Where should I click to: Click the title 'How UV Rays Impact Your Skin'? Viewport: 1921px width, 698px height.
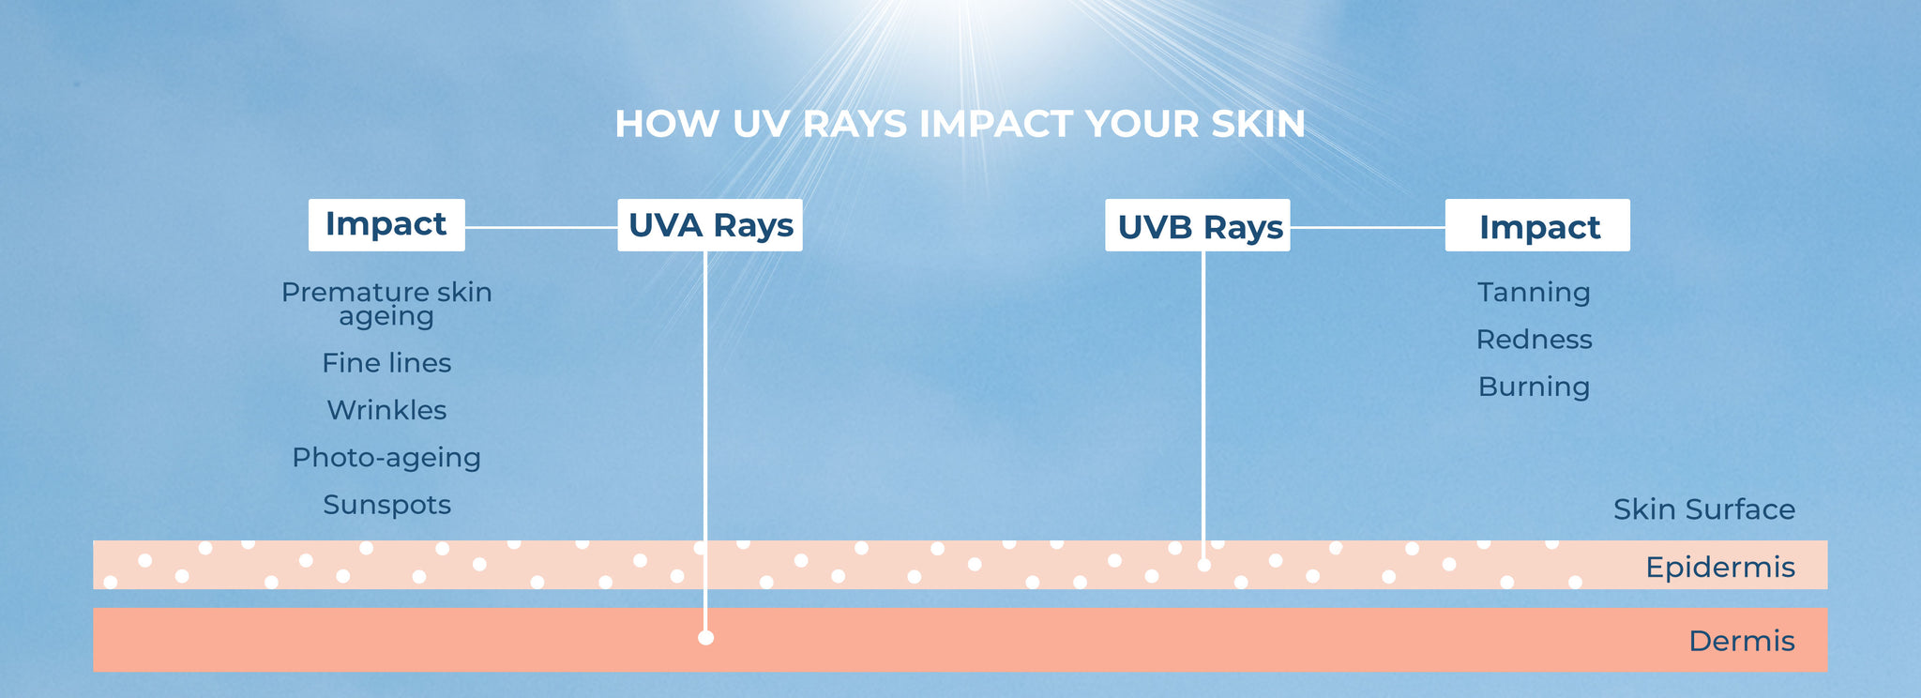tap(960, 124)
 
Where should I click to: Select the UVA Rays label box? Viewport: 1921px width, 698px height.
tap(710, 225)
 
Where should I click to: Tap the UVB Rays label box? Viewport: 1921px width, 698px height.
tap(1198, 225)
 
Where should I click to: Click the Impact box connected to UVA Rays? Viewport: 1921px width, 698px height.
tap(386, 224)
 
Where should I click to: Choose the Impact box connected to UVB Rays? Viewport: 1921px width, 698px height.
tap(1537, 225)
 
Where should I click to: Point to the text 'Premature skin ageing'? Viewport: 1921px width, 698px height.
tap(386, 304)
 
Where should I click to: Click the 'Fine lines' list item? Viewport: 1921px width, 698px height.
tap(386, 363)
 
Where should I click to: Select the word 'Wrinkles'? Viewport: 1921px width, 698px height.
tap(386, 410)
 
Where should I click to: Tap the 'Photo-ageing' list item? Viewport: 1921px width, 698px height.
tap(386, 458)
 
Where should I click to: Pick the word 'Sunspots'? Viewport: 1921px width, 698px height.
tap(386, 505)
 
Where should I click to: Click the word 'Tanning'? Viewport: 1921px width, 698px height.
tap(1534, 293)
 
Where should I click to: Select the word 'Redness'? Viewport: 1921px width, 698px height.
tap(1534, 340)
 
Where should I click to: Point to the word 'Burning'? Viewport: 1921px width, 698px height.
tap(1534, 387)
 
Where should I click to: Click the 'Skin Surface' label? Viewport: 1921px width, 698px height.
tap(1704, 509)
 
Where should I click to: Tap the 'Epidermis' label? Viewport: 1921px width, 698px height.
tap(1720, 568)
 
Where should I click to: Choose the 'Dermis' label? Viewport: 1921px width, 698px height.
tap(1742, 641)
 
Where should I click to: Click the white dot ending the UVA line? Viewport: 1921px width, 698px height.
tap(706, 638)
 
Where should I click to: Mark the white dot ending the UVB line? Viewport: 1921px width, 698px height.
tap(1204, 565)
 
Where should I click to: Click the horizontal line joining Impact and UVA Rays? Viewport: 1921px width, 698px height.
tap(541, 227)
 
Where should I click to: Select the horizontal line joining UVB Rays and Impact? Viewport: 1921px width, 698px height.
tap(1368, 227)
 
